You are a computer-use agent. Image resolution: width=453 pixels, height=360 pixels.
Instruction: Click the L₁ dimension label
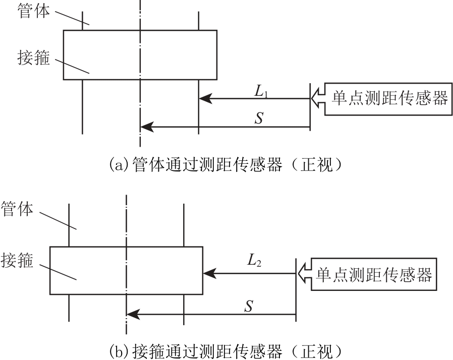point(261,92)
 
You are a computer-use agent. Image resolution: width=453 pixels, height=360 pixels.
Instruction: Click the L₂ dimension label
point(254,261)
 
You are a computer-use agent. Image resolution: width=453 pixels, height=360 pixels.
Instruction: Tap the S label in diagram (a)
point(259,118)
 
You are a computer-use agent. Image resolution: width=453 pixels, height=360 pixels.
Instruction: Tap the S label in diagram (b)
point(249,307)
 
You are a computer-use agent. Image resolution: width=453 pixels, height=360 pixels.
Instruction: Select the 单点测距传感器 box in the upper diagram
point(388,99)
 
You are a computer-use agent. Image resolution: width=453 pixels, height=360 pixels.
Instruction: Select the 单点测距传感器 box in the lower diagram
point(374,274)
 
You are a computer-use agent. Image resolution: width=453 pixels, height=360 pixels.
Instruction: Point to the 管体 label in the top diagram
point(33,11)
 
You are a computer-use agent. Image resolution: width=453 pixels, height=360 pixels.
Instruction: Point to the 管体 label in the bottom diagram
point(17,209)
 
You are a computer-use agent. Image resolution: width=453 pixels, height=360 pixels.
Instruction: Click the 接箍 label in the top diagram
point(33,57)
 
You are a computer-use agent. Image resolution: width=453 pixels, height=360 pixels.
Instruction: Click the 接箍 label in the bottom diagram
point(17,260)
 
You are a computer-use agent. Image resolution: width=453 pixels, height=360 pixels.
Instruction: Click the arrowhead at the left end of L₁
point(206,99)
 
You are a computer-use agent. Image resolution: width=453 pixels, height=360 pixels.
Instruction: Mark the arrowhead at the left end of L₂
point(210,273)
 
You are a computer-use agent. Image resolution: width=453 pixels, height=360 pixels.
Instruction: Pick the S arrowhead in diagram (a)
point(147,127)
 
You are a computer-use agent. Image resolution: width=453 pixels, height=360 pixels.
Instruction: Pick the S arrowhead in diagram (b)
point(133,315)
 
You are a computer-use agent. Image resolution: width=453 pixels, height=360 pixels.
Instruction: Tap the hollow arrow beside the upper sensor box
point(318,99)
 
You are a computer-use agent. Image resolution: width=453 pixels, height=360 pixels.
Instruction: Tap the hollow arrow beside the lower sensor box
point(304,274)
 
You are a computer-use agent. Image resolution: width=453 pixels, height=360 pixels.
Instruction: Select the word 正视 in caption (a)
point(317,165)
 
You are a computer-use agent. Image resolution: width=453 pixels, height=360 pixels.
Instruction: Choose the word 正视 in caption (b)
point(317,351)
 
